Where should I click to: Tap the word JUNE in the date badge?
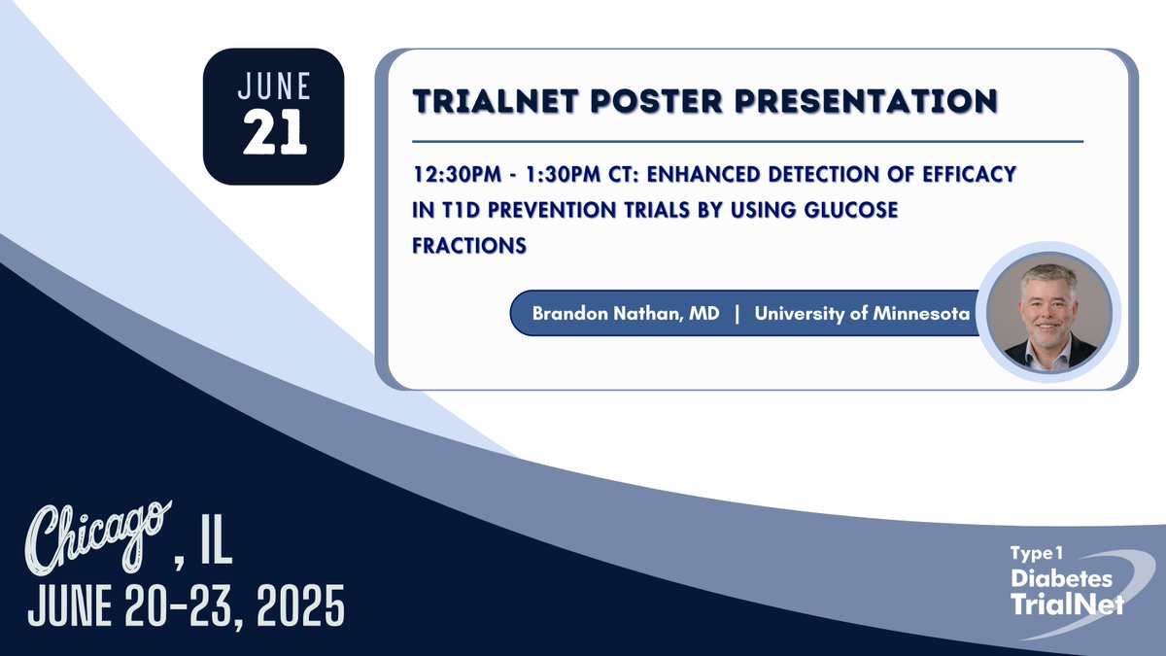(x=274, y=86)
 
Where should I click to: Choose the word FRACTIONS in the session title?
(x=469, y=245)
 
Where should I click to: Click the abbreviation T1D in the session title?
(x=458, y=209)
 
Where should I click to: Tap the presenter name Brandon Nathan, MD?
(x=626, y=315)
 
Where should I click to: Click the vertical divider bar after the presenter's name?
(x=737, y=315)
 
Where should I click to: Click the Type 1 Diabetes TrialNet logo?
(x=1067, y=582)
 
